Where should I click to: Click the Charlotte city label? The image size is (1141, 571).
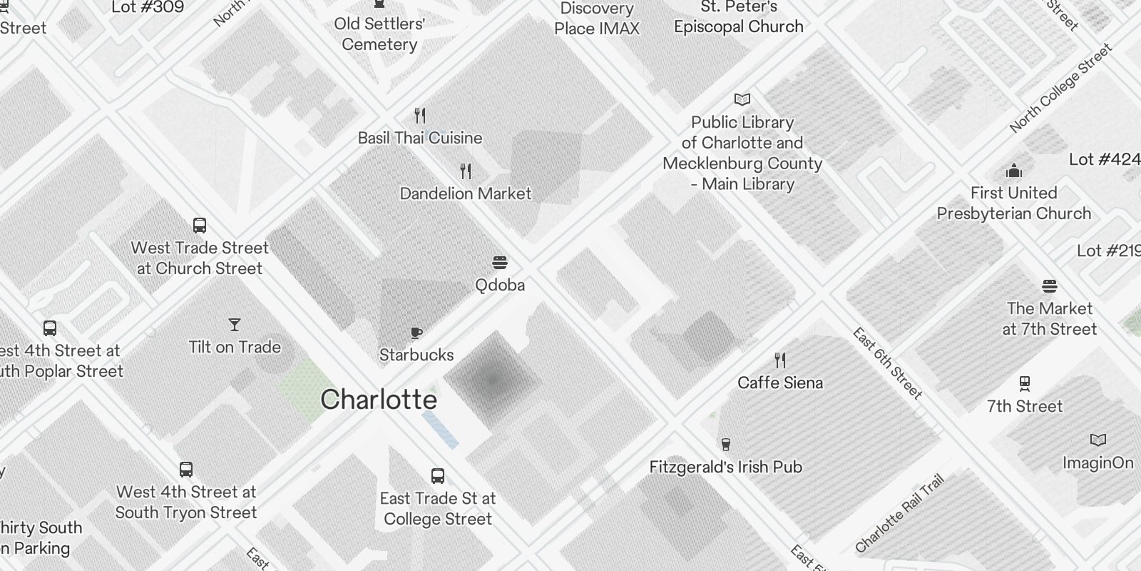point(379,400)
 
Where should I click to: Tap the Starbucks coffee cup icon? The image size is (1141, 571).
point(416,333)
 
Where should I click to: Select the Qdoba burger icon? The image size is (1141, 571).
point(500,263)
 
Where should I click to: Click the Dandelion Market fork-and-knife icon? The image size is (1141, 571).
point(466,171)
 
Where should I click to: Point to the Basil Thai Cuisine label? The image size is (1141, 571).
point(420,138)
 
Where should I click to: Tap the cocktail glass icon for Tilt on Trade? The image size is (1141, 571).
point(235,325)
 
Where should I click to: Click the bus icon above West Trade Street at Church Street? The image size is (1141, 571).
point(200,226)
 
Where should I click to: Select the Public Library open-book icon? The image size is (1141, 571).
point(742,99)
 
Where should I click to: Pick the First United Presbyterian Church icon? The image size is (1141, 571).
point(1013,171)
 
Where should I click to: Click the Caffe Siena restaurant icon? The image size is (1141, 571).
point(780,360)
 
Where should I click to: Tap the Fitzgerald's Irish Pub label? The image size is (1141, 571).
point(726,467)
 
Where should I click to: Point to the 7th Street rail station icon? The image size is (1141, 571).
point(1025,384)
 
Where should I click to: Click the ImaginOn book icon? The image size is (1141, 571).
point(1098,440)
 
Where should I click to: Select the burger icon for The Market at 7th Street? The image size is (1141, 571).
point(1049,286)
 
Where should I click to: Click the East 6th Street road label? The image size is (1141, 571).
point(888,363)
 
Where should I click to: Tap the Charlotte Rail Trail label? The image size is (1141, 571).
point(900,514)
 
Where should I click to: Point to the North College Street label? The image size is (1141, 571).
point(1060,88)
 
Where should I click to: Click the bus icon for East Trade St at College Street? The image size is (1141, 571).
point(438,476)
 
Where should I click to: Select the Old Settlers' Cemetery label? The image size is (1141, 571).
point(379,34)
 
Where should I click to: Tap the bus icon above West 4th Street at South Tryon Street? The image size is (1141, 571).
point(186,470)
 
